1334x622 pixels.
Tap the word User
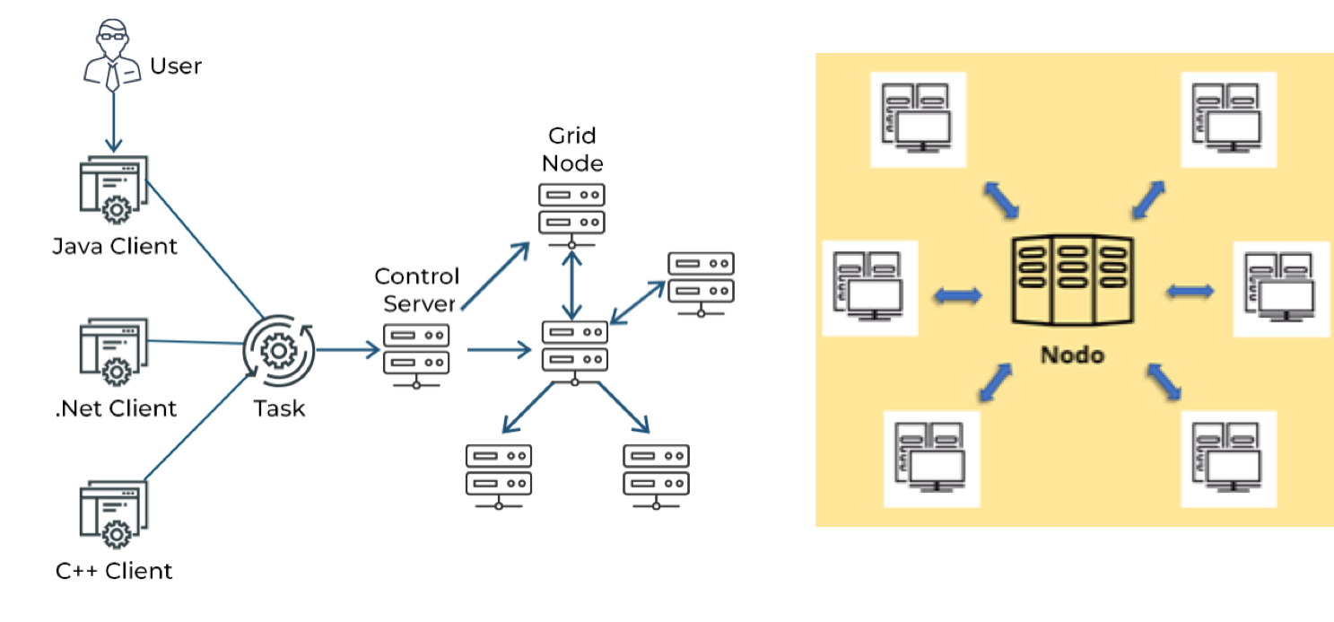[x=176, y=66]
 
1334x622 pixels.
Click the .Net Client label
[x=116, y=408]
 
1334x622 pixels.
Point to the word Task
[x=279, y=408]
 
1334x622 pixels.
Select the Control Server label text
[x=416, y=288]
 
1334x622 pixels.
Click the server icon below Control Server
[x=416, y=353]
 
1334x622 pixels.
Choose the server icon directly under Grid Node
[x=571, y=212]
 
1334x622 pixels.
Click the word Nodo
[x=1072, y=355]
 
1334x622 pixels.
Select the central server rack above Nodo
[x=1072, y=281]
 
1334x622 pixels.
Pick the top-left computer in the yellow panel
[x=917, y=120]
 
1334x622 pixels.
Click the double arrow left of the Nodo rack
[x=957, y=295]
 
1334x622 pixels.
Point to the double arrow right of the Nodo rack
[x=1190, y=291]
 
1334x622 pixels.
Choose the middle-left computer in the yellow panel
[x=868, y=288]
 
